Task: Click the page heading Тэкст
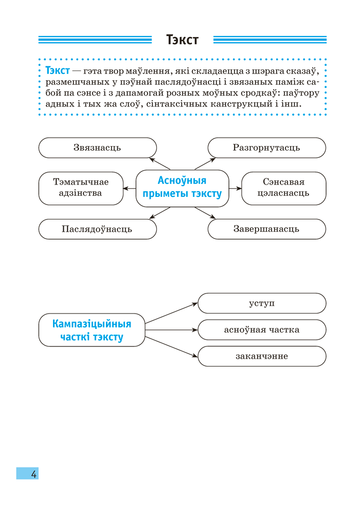coord(182,40)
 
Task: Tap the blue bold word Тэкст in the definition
coord(58,70)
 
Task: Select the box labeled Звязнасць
coord(97,148)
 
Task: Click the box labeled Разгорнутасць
coord(266,148)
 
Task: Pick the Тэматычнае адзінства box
coord(81,188)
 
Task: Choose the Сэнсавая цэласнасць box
coord(283,188)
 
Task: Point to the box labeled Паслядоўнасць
coord(97,229)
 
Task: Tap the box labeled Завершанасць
coord(266,229)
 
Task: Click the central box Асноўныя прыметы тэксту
coord(182,188)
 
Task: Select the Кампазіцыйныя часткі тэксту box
coord(92,330)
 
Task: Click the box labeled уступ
coord(262,303)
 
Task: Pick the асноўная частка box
coord(262,329)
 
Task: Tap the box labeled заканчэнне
coord(262,356)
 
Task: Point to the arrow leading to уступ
coord(171,313)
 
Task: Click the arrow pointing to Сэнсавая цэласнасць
coord(235,188)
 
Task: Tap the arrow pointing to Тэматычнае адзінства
coord(129,188)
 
